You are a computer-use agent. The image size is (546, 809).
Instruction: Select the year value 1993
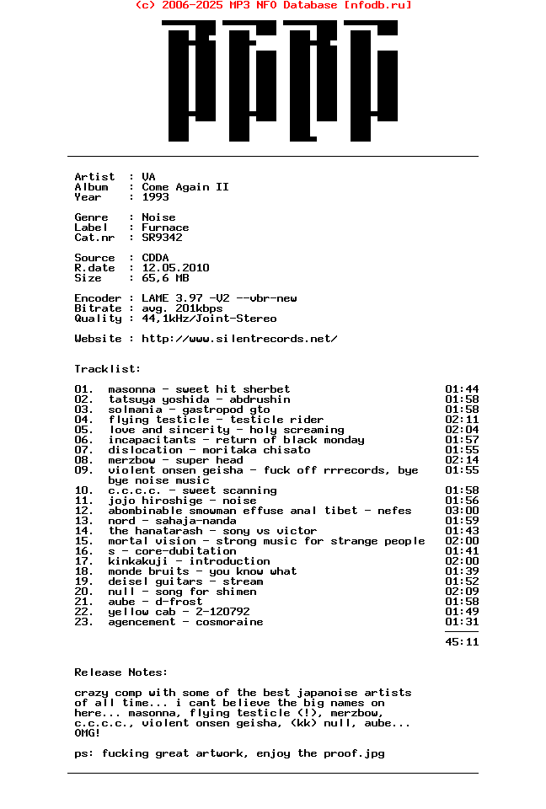pos(155,197)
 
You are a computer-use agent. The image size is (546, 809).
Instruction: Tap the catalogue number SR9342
pos(162,238)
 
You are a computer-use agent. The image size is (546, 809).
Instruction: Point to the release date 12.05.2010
pos(175,268)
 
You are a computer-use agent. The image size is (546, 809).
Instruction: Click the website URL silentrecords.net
pos(239,339)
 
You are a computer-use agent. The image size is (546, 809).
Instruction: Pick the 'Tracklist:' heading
pos(108,369)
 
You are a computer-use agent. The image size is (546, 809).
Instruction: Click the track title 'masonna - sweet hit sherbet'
pos(199,389)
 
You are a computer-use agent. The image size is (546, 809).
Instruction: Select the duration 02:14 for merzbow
pos(462,460)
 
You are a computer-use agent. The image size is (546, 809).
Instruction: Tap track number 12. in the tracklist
pos(84,511)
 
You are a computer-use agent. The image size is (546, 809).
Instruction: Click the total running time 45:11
pos(462,642)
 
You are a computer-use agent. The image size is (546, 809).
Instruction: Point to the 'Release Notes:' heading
pos(121,672)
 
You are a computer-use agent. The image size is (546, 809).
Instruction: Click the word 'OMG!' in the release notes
pos(88,733)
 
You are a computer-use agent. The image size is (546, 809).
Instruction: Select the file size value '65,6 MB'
pos(165,278)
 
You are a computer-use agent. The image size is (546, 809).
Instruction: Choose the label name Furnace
pos(165,228)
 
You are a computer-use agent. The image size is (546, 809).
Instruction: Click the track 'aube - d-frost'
pos(155,602)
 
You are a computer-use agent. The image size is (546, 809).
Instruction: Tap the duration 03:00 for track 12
pos(462,511)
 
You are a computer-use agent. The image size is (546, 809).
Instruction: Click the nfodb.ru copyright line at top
pos(273,5)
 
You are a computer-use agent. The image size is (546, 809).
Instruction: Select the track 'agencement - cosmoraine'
pos(185,622)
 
